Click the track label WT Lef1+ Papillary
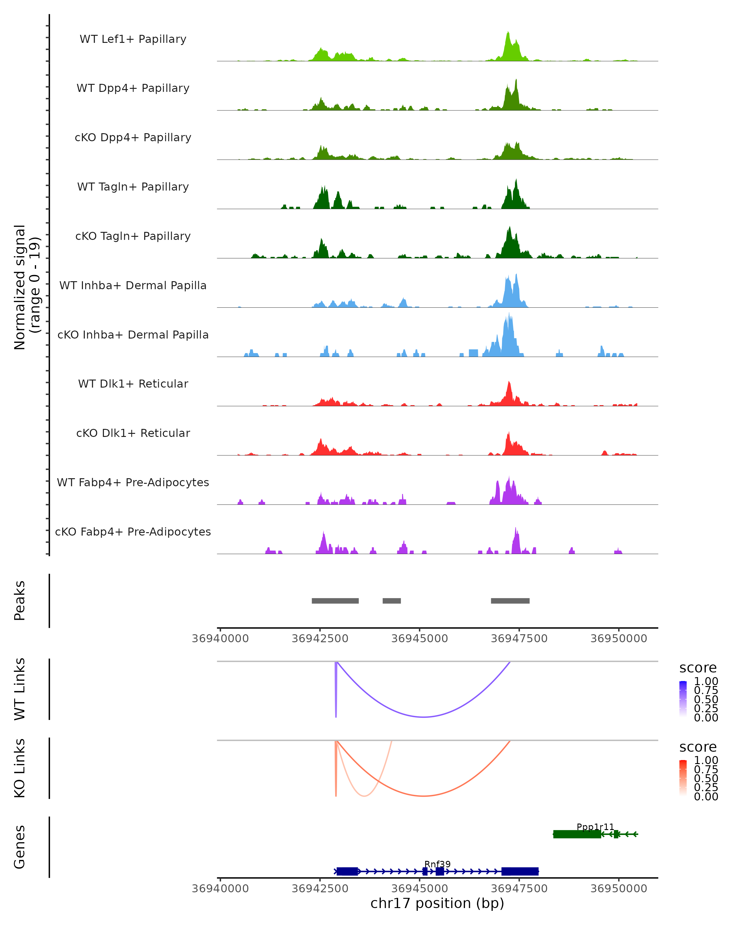133,39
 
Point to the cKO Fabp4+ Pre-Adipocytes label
133,532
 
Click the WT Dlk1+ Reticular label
133,384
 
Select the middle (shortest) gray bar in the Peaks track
392,601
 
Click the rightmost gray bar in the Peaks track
510,601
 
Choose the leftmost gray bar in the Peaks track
335,601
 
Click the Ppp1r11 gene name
595,827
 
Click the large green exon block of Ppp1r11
577,834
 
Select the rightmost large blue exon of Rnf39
520,871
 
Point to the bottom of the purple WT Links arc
424,717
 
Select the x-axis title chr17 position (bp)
437,903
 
